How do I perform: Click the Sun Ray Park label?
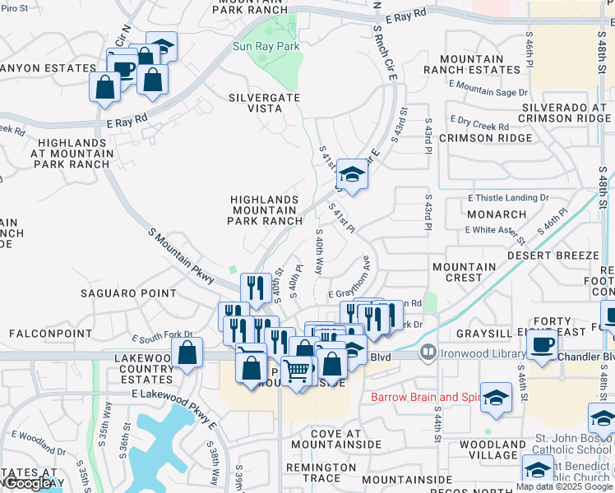click(266, 47)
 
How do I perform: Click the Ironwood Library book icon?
click(428, 353)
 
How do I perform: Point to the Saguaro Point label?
click(127, 293)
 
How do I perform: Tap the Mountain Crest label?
click(465, 272)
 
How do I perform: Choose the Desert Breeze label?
click(553, 256)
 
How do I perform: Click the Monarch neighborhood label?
click(496, 214)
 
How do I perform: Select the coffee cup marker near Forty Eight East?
click(542, 344)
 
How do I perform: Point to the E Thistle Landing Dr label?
click(508, 198)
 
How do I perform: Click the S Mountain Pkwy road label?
click(182, 257)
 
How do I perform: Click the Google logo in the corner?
click(29, 484)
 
